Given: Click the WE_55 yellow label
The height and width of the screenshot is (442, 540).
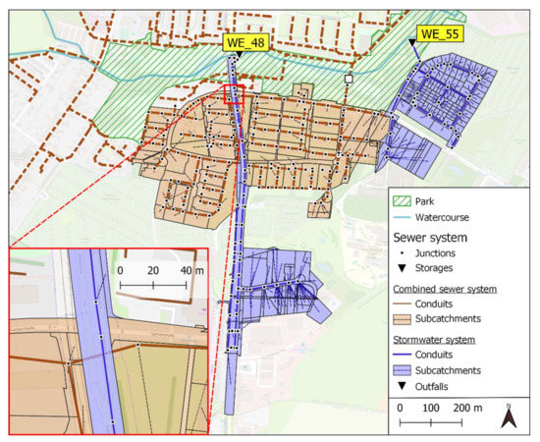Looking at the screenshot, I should pos(440,34).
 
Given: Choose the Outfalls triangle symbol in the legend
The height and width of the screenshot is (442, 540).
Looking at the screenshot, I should pos(402,387).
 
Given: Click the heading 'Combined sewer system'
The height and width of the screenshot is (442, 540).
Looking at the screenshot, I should pos(444,289).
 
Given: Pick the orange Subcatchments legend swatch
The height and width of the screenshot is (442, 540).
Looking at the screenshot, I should pos(402,319).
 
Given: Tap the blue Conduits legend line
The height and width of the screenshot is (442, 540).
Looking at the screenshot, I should pos(402,354).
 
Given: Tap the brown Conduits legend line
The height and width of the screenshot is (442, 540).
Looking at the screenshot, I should pos(402,304).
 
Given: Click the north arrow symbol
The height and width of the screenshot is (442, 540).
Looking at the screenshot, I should pos(510,416).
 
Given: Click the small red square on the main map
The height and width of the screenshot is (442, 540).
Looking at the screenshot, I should pos(233,93).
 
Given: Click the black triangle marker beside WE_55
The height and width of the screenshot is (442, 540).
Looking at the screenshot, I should pos(412,41).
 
